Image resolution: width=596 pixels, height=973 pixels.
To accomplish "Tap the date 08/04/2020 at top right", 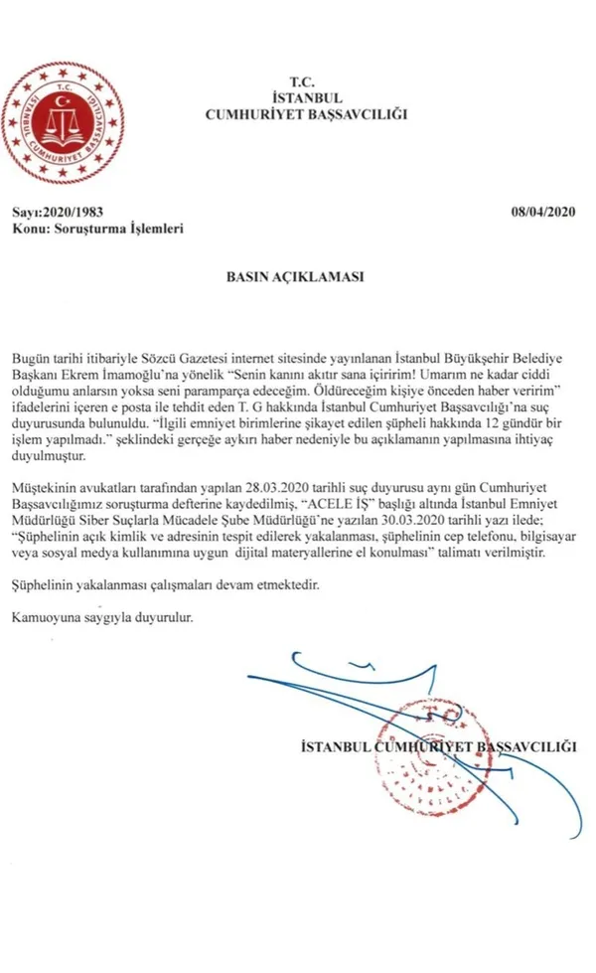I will (x=543, y=212).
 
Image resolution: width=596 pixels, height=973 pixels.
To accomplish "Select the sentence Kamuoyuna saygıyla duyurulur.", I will (x=101, y=617).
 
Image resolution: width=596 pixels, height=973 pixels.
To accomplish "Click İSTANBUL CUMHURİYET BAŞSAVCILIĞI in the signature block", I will (x=437, y=744).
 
